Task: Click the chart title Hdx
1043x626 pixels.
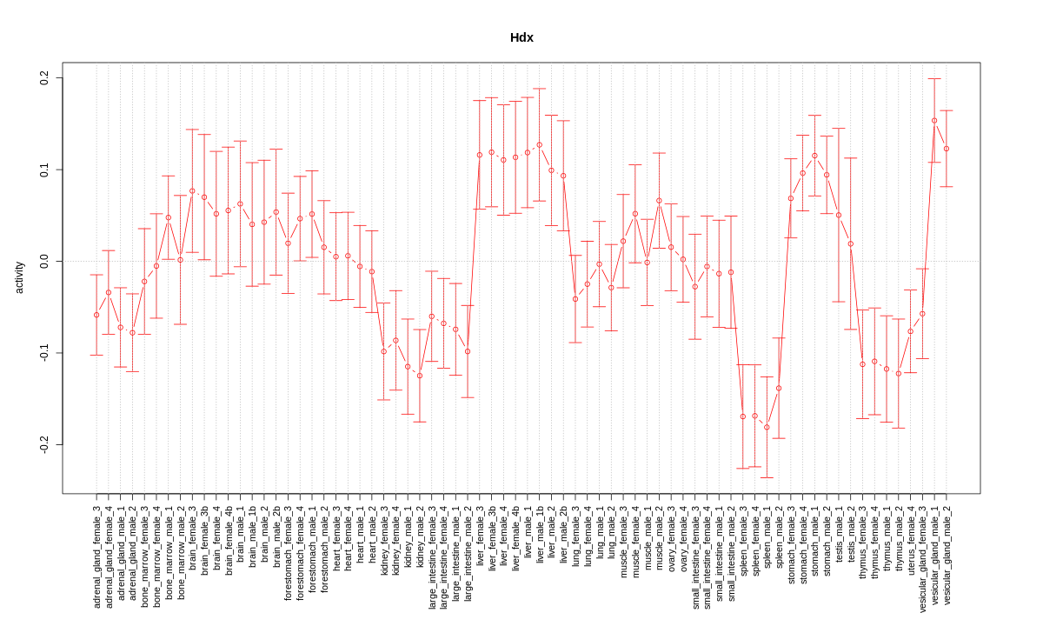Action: [521, 38]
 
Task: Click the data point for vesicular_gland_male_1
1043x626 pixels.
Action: [934, 121]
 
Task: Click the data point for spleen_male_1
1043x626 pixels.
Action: [767, 427]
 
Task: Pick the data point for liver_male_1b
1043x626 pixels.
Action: [539, 145]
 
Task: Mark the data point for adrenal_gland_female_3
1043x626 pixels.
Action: [96, 315]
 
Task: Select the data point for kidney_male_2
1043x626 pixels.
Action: [420, 376]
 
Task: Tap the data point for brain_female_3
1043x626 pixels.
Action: [192, 191]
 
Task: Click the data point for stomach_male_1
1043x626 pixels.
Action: [814, 156]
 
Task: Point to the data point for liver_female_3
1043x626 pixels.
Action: [479, 155]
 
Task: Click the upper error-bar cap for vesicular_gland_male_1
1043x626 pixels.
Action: [934, 79]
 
